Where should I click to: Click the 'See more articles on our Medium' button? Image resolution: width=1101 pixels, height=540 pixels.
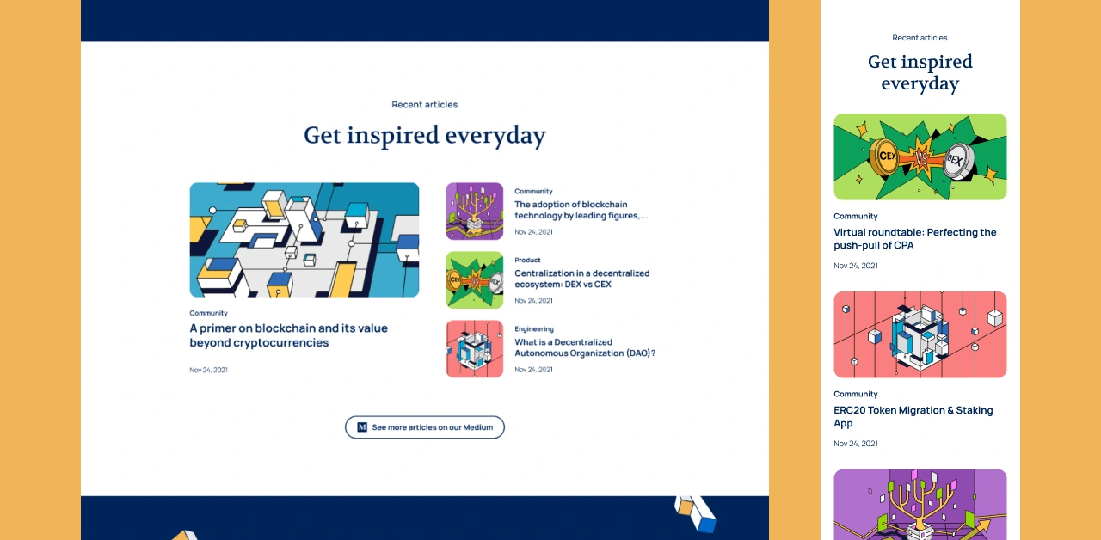tap(425, 427)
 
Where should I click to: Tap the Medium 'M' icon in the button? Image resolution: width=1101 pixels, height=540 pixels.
tap(362, 427)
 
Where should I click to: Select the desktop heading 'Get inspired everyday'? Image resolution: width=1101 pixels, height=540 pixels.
tap(425, 135)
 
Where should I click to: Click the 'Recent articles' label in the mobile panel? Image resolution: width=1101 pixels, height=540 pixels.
tap(920, 37)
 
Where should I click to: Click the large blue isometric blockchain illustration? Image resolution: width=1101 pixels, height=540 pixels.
tap(304, 240)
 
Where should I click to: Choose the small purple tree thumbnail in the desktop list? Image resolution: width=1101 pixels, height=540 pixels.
tap(474, 212)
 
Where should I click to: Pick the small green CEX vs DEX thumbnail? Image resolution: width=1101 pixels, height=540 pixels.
tap(474, 280)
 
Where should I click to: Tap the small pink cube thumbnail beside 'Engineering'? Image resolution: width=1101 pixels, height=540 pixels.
tap(474, 349)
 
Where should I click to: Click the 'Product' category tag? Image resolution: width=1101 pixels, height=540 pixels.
tap(527, 260)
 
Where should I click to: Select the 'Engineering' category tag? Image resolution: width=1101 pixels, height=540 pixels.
tap(534, 328)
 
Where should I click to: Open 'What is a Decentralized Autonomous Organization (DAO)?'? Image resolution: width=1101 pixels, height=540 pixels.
tap(585, 347)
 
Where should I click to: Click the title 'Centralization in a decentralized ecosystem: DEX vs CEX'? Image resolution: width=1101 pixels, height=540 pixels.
tap(582, 279)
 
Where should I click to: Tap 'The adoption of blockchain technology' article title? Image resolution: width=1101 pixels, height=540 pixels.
tap(581, 210)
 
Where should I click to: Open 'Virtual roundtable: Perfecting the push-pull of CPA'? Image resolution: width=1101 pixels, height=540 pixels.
tap(914, 239)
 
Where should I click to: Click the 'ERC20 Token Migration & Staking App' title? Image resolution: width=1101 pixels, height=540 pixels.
tap(913, 417)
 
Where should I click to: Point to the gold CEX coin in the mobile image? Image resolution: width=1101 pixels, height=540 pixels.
tap(884, 156)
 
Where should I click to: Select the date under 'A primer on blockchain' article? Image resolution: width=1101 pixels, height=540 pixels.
tap(208, 370)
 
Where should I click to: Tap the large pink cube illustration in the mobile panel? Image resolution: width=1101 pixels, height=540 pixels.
tap(920, 334)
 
